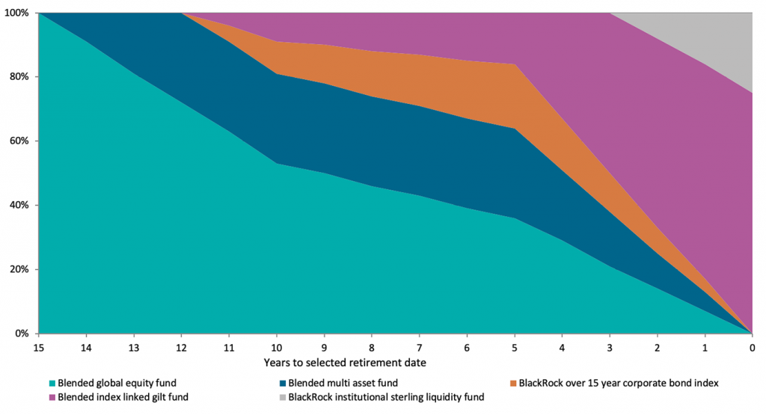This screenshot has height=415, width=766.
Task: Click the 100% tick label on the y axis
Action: coord(16,13)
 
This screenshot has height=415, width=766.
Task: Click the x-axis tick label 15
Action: coord(38,348)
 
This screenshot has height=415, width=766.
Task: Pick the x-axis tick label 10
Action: coord(276,348)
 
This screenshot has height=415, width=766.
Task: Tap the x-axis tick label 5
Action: coord(515,348)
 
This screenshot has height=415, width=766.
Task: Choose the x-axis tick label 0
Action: coord(753,348)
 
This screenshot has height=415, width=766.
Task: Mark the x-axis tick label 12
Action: coord(181,348)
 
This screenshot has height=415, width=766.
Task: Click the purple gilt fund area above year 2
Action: coord(658,150)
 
